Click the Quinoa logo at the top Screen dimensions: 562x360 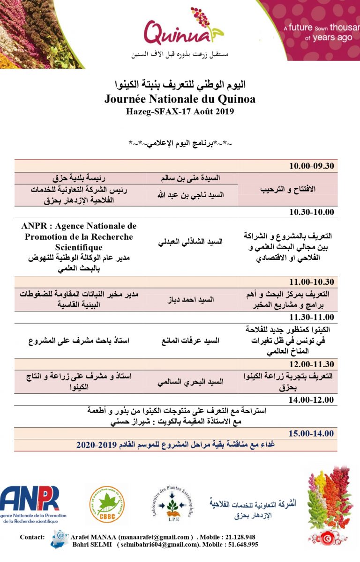click(x=183, y=30)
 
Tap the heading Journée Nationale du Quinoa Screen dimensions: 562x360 click(x=180, y=99)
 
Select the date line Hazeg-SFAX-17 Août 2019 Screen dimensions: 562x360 click(x=180, y=111)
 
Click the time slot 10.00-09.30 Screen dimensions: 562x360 click(x=311, y=166)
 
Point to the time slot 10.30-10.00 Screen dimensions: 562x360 click(x=311, y=212)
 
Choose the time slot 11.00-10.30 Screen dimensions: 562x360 click(x=311, y=282)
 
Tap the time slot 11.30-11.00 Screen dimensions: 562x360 click(x=311, y=317)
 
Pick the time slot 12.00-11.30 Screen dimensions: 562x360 click(x=311, y=364)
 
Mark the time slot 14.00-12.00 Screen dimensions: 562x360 click(x=311, y=399)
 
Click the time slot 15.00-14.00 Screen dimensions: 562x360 click(x=311, y=433)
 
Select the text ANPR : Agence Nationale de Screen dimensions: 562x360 click(x=79, y=226)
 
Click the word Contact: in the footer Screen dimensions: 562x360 click(x=32, y=537)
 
